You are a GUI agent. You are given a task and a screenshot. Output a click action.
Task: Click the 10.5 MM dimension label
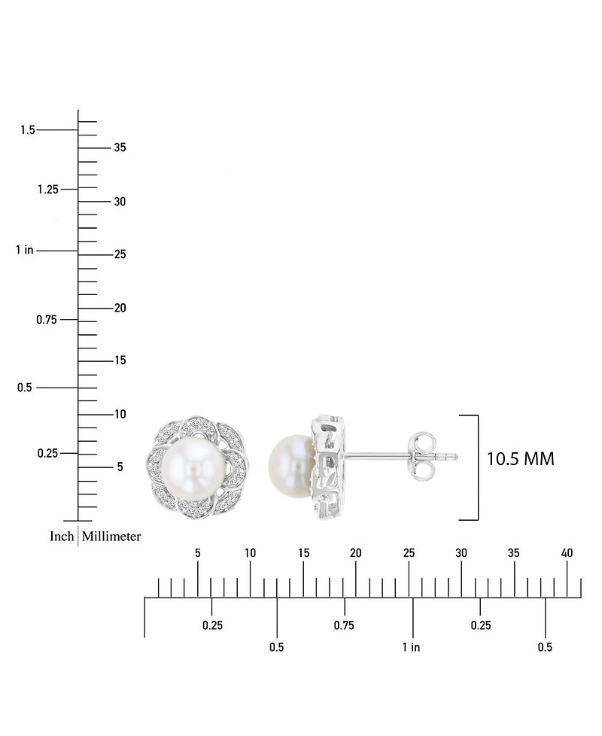pyautogui.click(x=520, y=459)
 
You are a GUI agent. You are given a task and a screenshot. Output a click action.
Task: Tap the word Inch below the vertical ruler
pyautogui.click(x=62, y=536)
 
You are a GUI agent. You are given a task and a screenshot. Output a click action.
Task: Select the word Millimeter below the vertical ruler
pyautogui.click(x=111, y=536)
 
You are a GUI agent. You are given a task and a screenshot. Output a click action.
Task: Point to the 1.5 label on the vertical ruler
pyautogui.click(x=28, y=129)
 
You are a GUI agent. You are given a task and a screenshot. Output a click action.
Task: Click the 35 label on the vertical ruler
pyautogui.click(x=120, y=148)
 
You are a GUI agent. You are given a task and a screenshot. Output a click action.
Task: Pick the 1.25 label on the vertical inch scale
pyautogui.click(x=48, y=189)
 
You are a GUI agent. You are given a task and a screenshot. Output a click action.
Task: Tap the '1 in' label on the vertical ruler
pyautogui.click(x=25, y=250)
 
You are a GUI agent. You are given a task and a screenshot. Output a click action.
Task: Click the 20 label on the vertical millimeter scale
pyautogui.click(x=120, y=308)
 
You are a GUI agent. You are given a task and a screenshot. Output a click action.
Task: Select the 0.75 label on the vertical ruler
pyautogui.click(x=47, y=320)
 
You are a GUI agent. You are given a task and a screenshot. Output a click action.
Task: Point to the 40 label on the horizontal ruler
pyautogui.click(x=567, y=553)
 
